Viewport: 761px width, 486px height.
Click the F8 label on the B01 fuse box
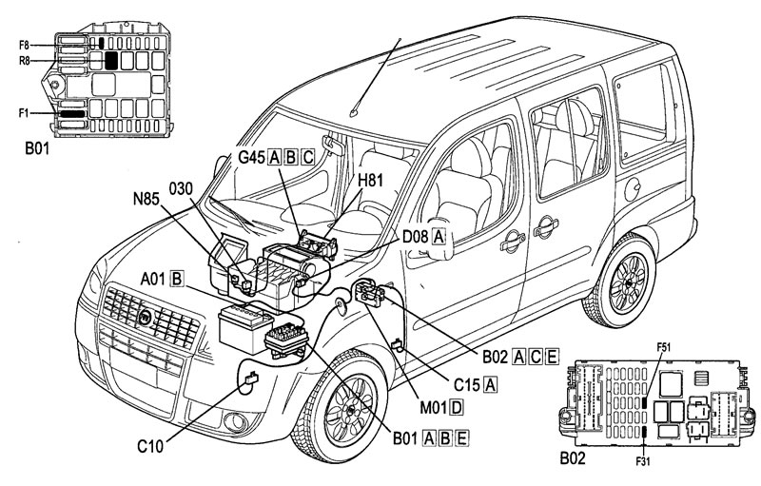pyautogui.click(x=24, y=45)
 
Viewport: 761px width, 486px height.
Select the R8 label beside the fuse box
pyautogui.click(x=25, y=61)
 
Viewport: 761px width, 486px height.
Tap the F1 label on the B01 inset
pyautogui.click(x=24, y=113)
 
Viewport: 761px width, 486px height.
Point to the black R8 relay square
pyautogui.click(x=111, y=60)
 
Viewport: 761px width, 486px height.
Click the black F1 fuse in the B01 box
pyautogui.click(x=72, y=114)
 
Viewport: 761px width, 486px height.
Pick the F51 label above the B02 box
pyautogui.click(x=663, y=347)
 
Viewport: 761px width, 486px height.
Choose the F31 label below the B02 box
pyautogui.click(x=642, y=460)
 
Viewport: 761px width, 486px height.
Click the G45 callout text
pyautogui.click(x=251, y=157)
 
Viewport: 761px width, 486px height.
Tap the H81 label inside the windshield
pyautogui.click(x=370, y=181)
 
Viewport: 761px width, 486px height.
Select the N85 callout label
pyautogui.click(x=146, y=198)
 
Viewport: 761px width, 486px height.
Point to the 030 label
pyautogui.click(x=181, y=188)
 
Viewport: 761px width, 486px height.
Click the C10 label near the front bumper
pyautogui.click(x=151, y=445)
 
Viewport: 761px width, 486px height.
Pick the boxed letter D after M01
pyautogui.click(x=457, y=408)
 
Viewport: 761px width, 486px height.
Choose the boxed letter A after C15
pyautogui.click(x=491, y=384)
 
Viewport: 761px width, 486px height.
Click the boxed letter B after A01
pyautogui.click(x=177, y=279)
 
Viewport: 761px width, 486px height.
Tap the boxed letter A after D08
pyautogui.click(x=439, y=237)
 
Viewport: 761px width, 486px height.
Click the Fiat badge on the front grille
pyautogui.click(x=146, y=318)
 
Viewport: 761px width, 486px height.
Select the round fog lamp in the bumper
pyautogui.click(x=236, y=421)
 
